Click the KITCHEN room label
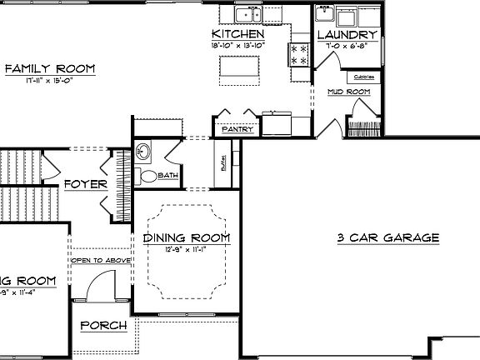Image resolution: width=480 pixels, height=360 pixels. point(237,34)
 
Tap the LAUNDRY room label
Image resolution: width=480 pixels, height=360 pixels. point(347,35)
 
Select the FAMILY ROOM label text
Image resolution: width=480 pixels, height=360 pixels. point(49,68)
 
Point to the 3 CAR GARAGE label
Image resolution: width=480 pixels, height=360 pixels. point(388,237)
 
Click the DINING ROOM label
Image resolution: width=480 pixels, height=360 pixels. point(186,238)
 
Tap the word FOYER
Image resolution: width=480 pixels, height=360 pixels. point(84,183)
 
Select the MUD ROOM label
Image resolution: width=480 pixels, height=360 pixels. point(347,91)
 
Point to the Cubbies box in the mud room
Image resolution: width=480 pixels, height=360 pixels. point(364,77)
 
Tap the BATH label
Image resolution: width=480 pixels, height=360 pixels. point(167,175)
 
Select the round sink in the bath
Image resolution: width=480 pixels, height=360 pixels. point(142,152)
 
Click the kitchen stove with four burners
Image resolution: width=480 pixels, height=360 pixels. point(298,55)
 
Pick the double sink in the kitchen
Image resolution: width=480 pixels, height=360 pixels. point(249,14)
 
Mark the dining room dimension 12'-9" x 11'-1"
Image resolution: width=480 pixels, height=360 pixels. point(186,249)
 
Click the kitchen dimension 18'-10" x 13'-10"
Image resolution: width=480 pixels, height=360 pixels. point(237,45)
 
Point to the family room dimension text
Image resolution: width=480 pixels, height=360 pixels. point(49,81)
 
